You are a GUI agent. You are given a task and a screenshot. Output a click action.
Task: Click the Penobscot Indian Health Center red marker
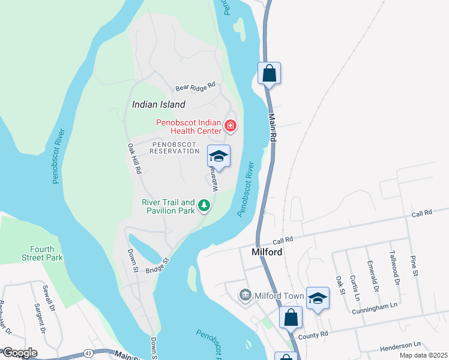click(x=230, y=126)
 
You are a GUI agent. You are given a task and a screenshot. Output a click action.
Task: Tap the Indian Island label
click(x=158, y=104)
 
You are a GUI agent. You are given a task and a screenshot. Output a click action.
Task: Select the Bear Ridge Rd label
click(x=195, y=88)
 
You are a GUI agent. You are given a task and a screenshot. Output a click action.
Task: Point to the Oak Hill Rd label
click(x=134, y=158)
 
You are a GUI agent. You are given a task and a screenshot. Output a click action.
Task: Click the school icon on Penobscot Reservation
click(x=219, y=156)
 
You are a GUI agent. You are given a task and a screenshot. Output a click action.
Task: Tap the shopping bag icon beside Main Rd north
click(x=270, y=74)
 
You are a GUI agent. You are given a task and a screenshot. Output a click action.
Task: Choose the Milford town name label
click(x=267, y=252)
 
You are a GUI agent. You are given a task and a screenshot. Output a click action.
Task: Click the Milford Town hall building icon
click(x=245, y=295)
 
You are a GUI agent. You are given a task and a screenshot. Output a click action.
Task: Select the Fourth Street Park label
click(x=46, y=253)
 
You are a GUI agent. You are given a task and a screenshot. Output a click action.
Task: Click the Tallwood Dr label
click(x=394, y=267)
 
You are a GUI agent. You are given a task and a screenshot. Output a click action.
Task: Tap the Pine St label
click(x=414, y=265)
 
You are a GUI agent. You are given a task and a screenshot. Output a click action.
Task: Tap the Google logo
click(x=19, y=353)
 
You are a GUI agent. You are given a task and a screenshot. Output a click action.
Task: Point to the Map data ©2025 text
click(x=424, y=356)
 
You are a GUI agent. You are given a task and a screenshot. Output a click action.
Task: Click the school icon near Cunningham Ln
click(x=318, y=298)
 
